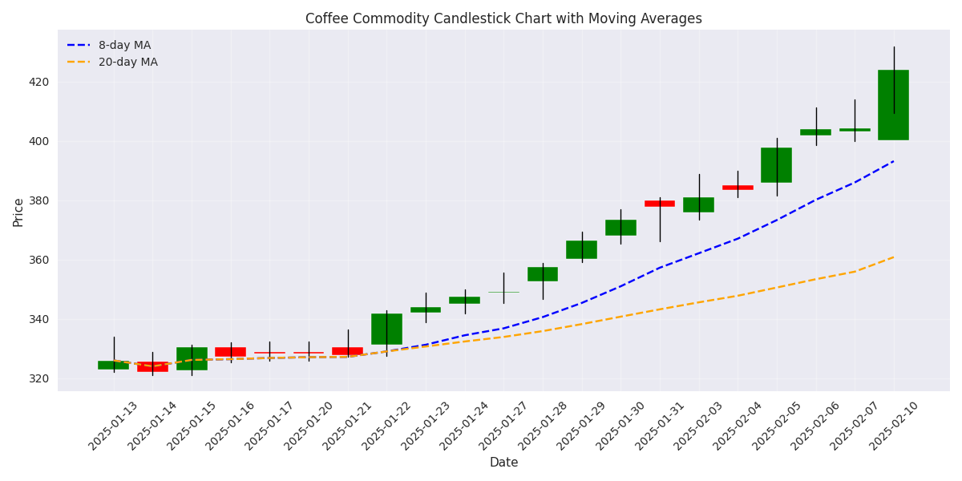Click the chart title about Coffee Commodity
click(x=503, y=18)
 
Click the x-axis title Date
click(x=503, y=463)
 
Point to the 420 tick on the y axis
click(x=39, y=82)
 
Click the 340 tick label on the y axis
click(x=39, y=319)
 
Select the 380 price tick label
click(x=39, y=200)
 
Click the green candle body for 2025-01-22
click(x=386, y=329)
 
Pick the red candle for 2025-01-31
click(x=660, y=204)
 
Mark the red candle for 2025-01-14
click(x=152, y=366)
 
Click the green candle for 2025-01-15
click(x=192, y=358)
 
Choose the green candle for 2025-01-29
click(x=581, y=249)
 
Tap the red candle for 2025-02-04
click(x=738, y=188)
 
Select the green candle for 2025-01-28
click(x=543, y=274)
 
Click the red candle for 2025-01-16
click(x=230, y=352)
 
